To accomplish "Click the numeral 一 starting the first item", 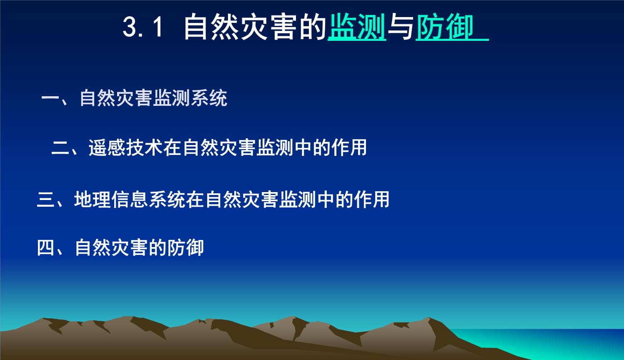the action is [x=50, y=98].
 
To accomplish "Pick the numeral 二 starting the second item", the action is [x=60, y=148].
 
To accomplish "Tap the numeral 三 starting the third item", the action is [x=46, y=199].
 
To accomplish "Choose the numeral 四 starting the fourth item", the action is [x=46, y=247].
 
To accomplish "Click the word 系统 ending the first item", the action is [x=209, y=98].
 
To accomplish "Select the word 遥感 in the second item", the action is [x=107, y=147].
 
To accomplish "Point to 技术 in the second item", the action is [x=144, y=147].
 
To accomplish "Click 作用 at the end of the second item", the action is [x=349, y=147].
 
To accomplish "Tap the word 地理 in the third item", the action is [x=93, y=199].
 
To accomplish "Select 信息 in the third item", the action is [x=130, y=199].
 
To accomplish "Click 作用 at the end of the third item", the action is [x=372, y=199].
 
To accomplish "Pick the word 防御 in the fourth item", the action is [x=185, y=247].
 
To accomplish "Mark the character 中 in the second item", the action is [x=303, y=147].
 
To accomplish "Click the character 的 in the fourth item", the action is [x=158, y=247].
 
